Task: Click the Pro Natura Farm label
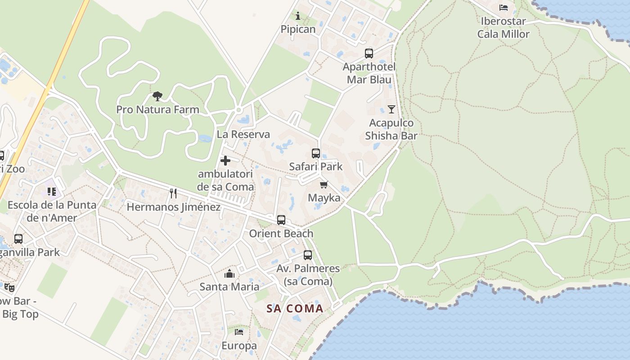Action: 157,109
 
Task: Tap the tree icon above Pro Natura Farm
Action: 157,96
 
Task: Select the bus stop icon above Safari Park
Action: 316,153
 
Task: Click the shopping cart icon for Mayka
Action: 324,184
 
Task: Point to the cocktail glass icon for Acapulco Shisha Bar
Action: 391,109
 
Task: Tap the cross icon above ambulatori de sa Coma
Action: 225,161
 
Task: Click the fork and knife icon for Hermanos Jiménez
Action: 173,193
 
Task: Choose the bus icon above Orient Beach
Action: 281,220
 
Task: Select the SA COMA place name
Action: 295,309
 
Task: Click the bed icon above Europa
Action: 239,332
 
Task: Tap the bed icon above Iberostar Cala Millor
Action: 504,8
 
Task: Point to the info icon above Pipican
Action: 298,16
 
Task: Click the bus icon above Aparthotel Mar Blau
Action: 369,54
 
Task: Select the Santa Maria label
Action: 229,287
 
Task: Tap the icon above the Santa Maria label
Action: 229,274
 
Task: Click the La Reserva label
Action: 243,134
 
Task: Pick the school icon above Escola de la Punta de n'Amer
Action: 52,192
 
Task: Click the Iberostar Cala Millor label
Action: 504,27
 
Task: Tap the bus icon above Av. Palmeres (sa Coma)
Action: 308,255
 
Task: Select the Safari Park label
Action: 316,166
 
